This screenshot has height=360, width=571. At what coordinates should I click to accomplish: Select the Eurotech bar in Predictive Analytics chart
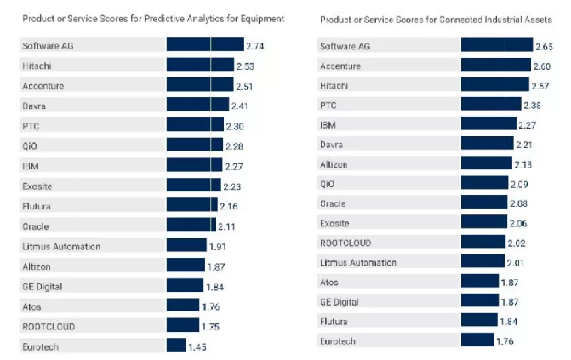coord(176,346)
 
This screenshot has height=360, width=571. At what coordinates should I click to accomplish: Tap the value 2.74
coord(255,46)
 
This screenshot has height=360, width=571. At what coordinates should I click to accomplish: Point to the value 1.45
coord(197,346)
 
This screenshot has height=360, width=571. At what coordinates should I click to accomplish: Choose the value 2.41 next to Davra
coord(241,106)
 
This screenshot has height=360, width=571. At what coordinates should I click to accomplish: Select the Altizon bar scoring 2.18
coord(486,163)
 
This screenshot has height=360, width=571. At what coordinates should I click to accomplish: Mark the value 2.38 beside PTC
coord(532,106)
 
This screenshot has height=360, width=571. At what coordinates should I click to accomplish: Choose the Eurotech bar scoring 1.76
coord(477,341)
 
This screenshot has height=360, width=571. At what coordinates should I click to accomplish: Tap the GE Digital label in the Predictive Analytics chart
coord(43,286)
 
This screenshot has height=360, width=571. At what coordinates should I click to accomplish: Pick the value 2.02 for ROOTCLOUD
coord(517,243)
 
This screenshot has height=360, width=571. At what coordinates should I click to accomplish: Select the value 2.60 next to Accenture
coord(540,66)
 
